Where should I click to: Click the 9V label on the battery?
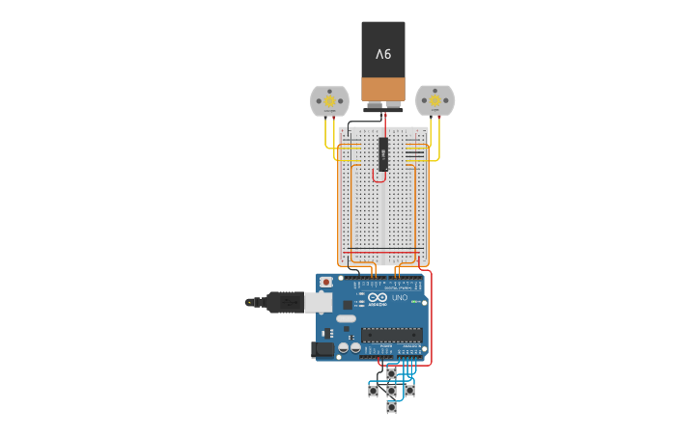pos(383,54)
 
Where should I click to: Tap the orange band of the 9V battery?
pos(383,90)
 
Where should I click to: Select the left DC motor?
pos(329,100)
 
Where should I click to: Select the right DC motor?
pos(434,100)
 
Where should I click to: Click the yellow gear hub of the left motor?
pos(329,100)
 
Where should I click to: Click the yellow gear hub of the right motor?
pos(434,100)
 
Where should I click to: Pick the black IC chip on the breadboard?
pos(383,154)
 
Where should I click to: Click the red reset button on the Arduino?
pos(326,282)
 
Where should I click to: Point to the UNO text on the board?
pos(400,297)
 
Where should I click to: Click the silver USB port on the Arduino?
pos(318,302)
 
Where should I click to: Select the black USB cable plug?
pos(285,302)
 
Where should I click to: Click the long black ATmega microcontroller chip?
pos(391,334)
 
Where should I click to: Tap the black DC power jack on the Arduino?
pos(323,350)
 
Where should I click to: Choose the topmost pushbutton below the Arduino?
pos(391,373)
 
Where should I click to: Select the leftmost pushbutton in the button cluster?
pos(373,391)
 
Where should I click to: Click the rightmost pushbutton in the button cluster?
pos(409,391)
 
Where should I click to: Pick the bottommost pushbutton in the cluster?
pos(391,408)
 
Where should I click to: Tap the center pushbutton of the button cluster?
pos(391,391)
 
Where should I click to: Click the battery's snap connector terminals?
pos(383,104)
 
